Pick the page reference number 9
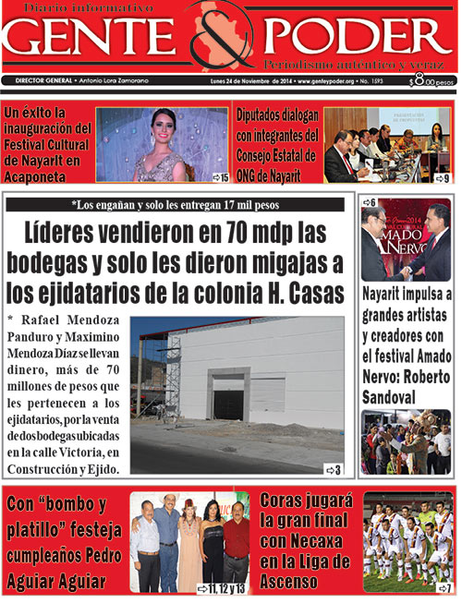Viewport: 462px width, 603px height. (x=445, y=177)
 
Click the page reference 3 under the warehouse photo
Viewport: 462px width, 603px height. (x=337, y=470)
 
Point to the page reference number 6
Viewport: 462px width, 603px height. (x=371, y=202)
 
